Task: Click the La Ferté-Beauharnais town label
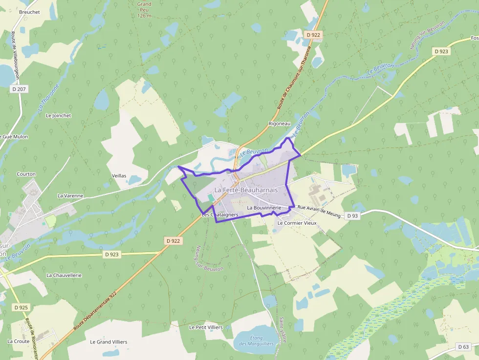246,190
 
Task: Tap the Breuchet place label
29,12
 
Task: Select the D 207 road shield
19,89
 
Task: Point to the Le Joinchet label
58,116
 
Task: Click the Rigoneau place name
280,124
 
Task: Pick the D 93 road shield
352,215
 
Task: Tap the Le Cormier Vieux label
297,223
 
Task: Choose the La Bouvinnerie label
264,208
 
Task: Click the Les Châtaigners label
219,214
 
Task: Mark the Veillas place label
119,175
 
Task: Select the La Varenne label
70,196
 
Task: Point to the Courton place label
26,174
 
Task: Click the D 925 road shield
21,307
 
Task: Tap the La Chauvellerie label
64,275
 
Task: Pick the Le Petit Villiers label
206,327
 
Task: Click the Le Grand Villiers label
109,342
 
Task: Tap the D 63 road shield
464,347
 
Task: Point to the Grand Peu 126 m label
144,10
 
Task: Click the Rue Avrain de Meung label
318,211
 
